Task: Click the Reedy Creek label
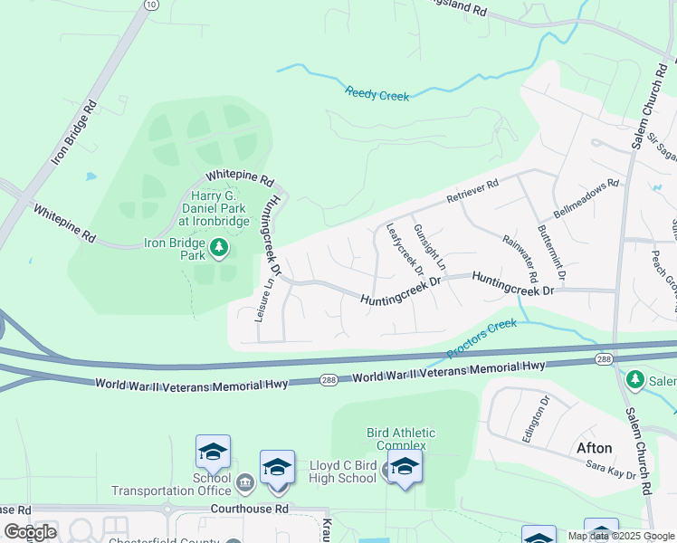click(x=377, y=94)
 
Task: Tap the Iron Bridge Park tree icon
click(x=218, y=246)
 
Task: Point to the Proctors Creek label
click(x=482, y=337)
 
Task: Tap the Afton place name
click(x=595, y=448)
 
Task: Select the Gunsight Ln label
click(x=429, y=246)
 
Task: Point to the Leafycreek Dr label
click(x=405, y=249)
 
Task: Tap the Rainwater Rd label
click(x=520, y=257)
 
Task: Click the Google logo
click(x=30, y=531)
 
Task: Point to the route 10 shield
click(x=149, y=5)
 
